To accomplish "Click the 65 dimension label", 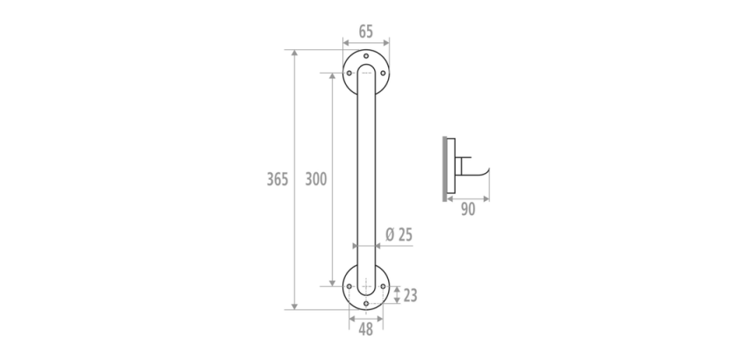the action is (x=366, y=32).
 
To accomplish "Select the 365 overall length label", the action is (x=277, y=179).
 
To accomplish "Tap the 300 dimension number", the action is (x=316, y=179).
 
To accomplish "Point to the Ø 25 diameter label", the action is (x=399, y=234).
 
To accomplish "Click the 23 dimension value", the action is (x=410, y=296).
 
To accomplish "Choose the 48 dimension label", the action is (x=366, y=329).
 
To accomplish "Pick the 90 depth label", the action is (x=468, y=209).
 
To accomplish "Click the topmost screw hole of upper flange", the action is (x=366, y=56).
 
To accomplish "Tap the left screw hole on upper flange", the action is (x=349, y=73).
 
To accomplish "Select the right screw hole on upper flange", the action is (x=383, y=73).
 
